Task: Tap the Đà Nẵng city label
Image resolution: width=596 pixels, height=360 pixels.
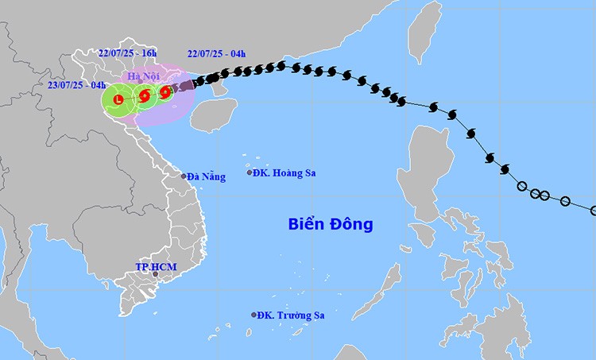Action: coord(207,176)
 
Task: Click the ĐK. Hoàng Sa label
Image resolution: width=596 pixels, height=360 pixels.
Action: coord(284,172)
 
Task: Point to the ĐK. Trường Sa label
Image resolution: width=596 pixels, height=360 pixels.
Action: coord(292,315)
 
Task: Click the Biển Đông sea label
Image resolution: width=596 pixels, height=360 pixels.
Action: coord(330,225)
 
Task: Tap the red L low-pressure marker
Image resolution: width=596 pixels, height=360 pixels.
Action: coord(118,100)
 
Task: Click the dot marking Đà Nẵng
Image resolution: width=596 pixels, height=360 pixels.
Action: coord(184,176)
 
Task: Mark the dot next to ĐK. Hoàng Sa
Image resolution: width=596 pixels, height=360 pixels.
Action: coord(250,172)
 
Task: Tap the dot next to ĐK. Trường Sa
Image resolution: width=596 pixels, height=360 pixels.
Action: coord(254,315)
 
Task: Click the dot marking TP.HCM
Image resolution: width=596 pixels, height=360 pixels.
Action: coord(145,274)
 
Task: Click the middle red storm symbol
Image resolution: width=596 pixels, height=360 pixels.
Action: coord(145,97)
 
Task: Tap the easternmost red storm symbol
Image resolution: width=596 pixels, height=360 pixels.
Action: coord(164,93)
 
